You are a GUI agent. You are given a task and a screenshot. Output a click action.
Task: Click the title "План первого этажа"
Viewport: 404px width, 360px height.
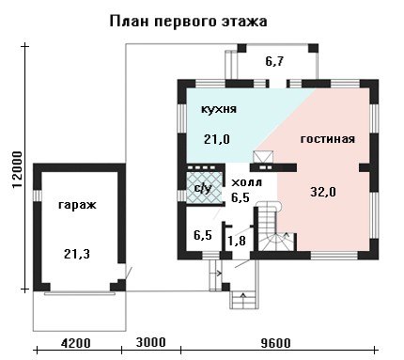click(188, 23)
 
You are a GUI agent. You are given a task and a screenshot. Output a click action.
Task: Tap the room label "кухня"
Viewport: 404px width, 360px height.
click(218, 109)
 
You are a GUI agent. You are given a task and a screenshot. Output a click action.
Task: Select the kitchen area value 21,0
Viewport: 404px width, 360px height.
click(217, 139)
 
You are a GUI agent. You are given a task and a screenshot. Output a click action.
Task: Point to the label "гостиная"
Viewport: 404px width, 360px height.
click(328, 139)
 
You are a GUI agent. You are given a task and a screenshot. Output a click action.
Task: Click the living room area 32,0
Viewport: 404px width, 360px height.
click(323, 192)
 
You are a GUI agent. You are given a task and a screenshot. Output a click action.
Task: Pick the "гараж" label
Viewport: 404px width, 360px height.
click(77, 206)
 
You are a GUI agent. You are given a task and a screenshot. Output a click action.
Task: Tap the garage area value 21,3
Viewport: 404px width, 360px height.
click(77, 254)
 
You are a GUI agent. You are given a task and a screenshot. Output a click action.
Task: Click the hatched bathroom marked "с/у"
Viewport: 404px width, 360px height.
click(205, 188)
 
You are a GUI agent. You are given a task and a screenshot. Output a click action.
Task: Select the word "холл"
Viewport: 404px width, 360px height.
click(246, 182)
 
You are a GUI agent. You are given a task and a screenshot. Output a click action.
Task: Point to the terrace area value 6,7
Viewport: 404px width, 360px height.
click(274, 61)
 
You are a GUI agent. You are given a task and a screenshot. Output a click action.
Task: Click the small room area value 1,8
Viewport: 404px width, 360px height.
click(237, 241)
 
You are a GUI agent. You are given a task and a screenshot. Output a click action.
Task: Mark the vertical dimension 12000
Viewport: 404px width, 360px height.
click(17, 170)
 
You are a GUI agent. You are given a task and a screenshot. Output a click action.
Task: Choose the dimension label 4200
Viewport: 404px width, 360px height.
click(76, 343)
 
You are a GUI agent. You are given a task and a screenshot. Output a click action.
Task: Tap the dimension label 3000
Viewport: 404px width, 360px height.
click(150, 342)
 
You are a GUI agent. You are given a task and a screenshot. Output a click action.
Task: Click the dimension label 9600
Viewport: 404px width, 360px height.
click(275, 343)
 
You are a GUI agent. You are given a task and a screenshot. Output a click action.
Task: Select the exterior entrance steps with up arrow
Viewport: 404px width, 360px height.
click(244, 300)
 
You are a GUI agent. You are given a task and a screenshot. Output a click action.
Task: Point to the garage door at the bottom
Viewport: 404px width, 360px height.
click(80, 293)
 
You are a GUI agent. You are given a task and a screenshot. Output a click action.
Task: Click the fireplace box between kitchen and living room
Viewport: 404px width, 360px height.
click(263, 157)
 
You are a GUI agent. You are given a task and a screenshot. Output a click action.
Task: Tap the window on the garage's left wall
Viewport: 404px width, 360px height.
click(38, 196)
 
